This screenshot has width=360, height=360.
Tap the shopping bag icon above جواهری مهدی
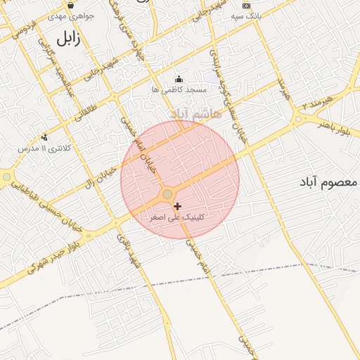pyautogui.click(x=71, y=5)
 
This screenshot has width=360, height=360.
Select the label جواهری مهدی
pyautogui.click(x=70, y=15)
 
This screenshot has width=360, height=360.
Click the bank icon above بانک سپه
pyautogui.click(x=246, y=5)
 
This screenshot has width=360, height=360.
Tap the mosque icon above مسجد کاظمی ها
pyautogui.click(x=179, y=79)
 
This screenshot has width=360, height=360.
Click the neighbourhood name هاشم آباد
pyautogui.click(x=195, y=112)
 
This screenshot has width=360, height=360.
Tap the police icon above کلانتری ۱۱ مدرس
pyautogui.click(x=44, y=137)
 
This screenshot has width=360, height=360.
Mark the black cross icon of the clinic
pyautogui.click(x=177, y=206)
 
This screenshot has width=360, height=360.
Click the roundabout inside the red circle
pyautogui.click(x=167, y=193)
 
